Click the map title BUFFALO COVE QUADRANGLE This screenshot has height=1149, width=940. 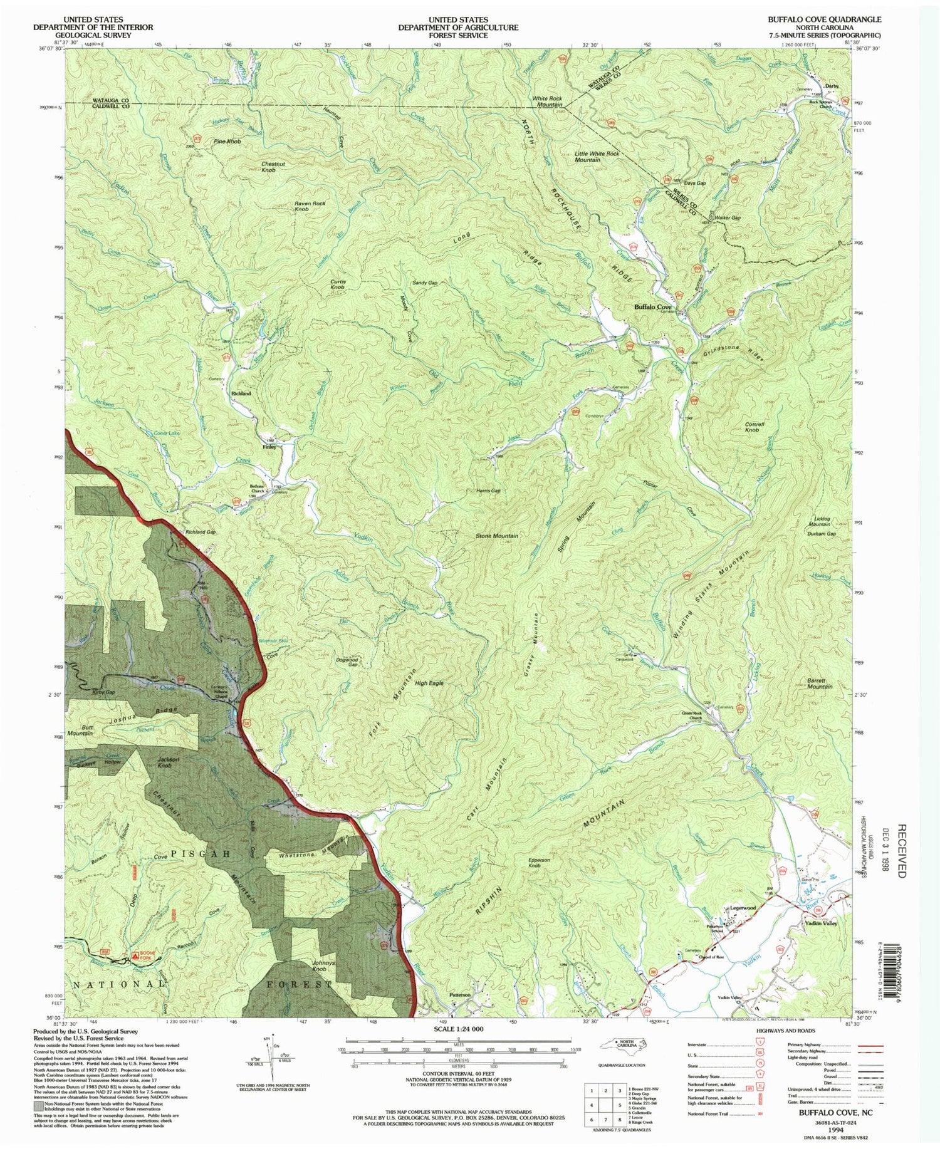[824, 19]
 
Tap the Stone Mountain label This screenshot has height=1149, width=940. [496, 536]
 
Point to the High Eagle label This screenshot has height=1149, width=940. [429, 683]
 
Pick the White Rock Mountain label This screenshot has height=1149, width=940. [547, 102]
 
